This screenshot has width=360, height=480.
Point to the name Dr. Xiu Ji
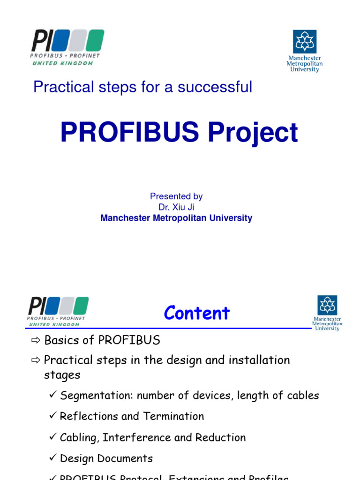(x=176, y=207)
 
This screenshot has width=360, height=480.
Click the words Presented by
(x=176, y=196)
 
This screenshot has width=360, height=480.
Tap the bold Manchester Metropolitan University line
(x=176, y=218)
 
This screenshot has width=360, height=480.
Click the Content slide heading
(x=197, y=313)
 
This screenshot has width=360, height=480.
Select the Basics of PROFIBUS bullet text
(x=102, y=340)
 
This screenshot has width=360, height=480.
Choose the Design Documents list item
(x=106, y=458)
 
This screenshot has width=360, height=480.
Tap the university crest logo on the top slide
(x=305, y=42)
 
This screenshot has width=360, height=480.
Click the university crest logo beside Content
(x=327, y=306)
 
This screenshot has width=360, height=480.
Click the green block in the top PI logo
(x=95, y=40)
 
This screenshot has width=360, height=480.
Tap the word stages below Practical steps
(x=62, y=375)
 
